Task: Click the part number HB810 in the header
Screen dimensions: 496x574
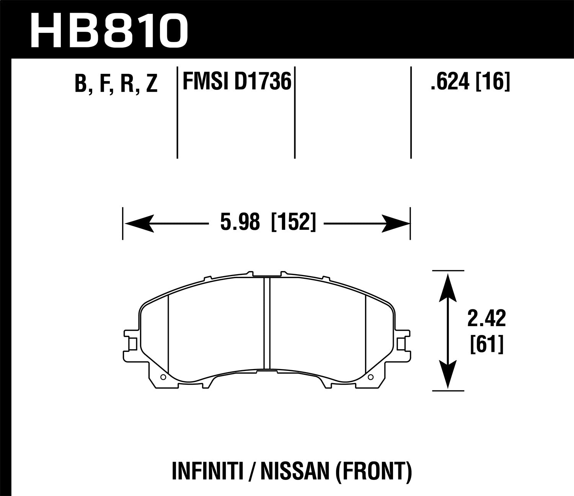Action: (109, 29)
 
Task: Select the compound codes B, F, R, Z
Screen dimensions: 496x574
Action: (116, 84)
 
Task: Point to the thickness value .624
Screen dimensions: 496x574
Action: (450, 81)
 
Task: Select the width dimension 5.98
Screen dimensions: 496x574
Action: (240, 223)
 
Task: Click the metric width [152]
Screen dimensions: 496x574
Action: (294, 223)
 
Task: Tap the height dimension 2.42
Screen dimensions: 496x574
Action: (486, 320)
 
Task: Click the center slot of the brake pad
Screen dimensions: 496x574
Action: (267, 323)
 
